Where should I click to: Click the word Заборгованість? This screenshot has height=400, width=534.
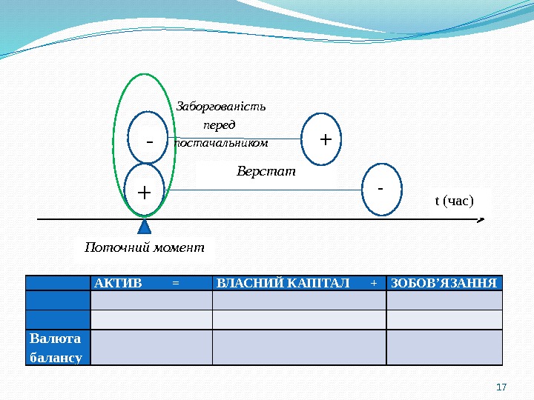coord(220,105)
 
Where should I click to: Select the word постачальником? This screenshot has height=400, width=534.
coord(220,142)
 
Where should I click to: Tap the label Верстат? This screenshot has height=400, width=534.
coord(266,172)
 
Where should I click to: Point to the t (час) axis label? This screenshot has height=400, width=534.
coord(452,200)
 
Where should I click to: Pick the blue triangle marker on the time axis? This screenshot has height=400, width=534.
coord(145,228)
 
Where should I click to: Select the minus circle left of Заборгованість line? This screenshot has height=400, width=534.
coord(149,138)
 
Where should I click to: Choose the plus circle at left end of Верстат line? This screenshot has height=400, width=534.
coord(144,191)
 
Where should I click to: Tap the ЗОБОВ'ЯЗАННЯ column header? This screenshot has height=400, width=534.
coord(444,283)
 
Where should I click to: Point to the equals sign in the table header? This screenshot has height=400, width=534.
coord(175,283)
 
